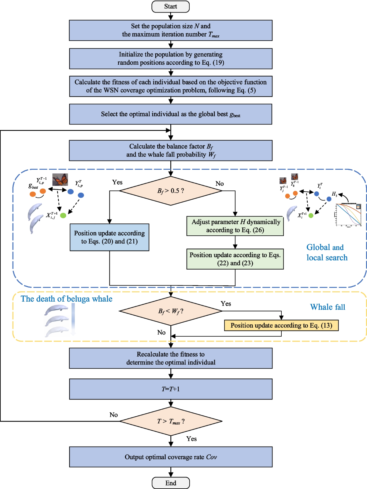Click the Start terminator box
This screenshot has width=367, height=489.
(171, 6)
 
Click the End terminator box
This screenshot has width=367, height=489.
(171, 483)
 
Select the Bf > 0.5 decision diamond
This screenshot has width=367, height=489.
(171, 191)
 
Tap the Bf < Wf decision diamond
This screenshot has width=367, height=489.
(171, 311)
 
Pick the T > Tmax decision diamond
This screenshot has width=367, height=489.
(171, 421)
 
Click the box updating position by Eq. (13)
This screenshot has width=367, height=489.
(281, 325)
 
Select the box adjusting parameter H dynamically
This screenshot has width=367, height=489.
(235, 226)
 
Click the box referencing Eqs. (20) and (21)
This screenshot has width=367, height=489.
(109, 237)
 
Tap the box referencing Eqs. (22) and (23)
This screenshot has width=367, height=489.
(235, 259)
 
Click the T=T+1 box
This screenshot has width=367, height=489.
(171, 389)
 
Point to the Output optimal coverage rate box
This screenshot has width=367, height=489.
(171, 457)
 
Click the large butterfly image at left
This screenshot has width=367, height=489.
(60, 179)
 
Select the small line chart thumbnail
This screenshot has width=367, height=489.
(349, 215)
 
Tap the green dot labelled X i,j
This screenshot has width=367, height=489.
(63, 216)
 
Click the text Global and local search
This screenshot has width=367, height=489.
(327, 252)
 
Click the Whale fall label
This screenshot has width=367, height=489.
(328, 307)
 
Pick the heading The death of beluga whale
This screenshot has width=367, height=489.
(66, 299)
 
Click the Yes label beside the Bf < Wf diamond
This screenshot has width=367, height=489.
(226, 303)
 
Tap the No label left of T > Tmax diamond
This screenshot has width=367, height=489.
(113, 415)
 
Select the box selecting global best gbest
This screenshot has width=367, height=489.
(171, 114)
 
